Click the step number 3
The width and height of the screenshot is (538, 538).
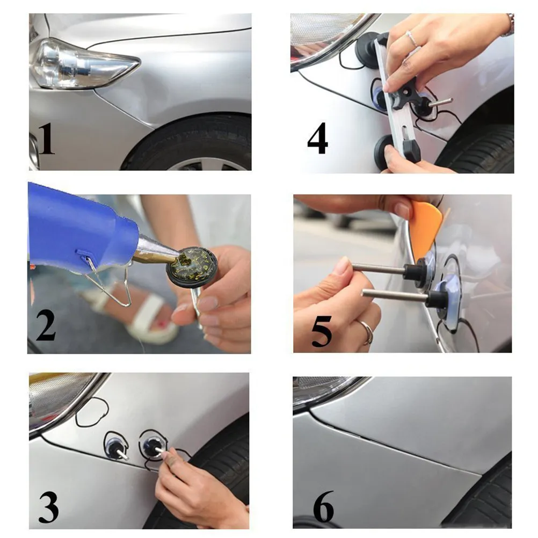pyautogui.click(x=48, y=506)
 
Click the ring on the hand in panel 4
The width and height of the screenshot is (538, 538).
pyautogui.click(x=412, y=39)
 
